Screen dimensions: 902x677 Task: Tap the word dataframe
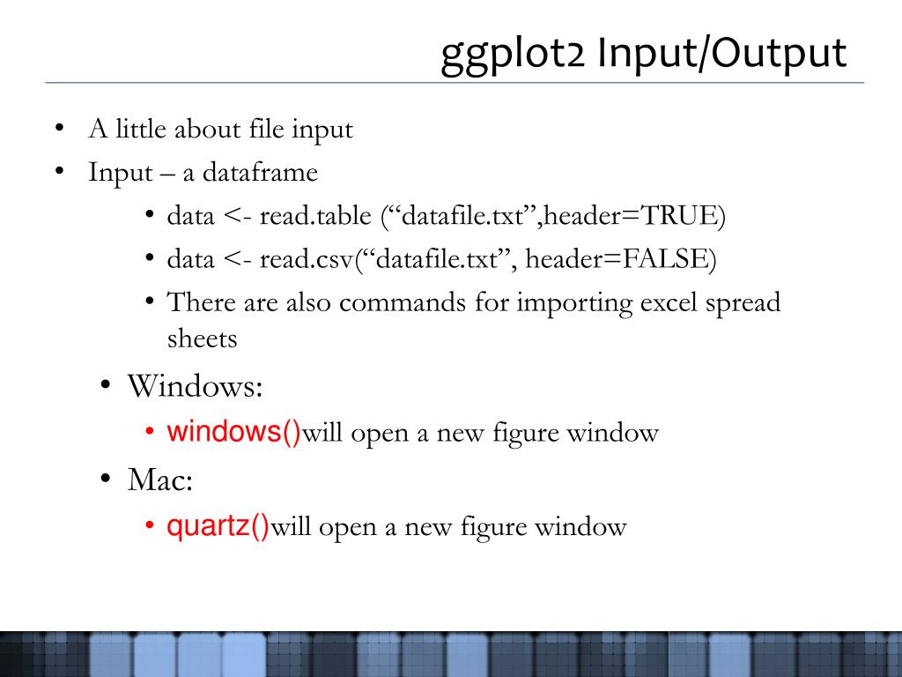[260, 172]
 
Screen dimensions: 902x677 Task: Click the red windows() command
[233, 431]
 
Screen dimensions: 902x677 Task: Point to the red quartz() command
[218, 526]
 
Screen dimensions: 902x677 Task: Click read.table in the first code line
[315, 215]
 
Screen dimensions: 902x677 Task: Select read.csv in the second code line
[306, 258]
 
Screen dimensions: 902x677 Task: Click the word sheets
[202, 338]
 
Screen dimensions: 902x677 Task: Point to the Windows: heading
[195, 385]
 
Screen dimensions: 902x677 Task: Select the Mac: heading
[160, 479]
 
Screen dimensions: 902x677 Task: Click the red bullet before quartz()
[150, 525]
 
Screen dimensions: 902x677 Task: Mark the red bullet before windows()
[150, 431]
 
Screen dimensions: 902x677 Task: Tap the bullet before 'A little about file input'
[59, 128]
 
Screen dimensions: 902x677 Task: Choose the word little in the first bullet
[141, 128]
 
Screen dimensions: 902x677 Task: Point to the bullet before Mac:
[105, 479]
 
